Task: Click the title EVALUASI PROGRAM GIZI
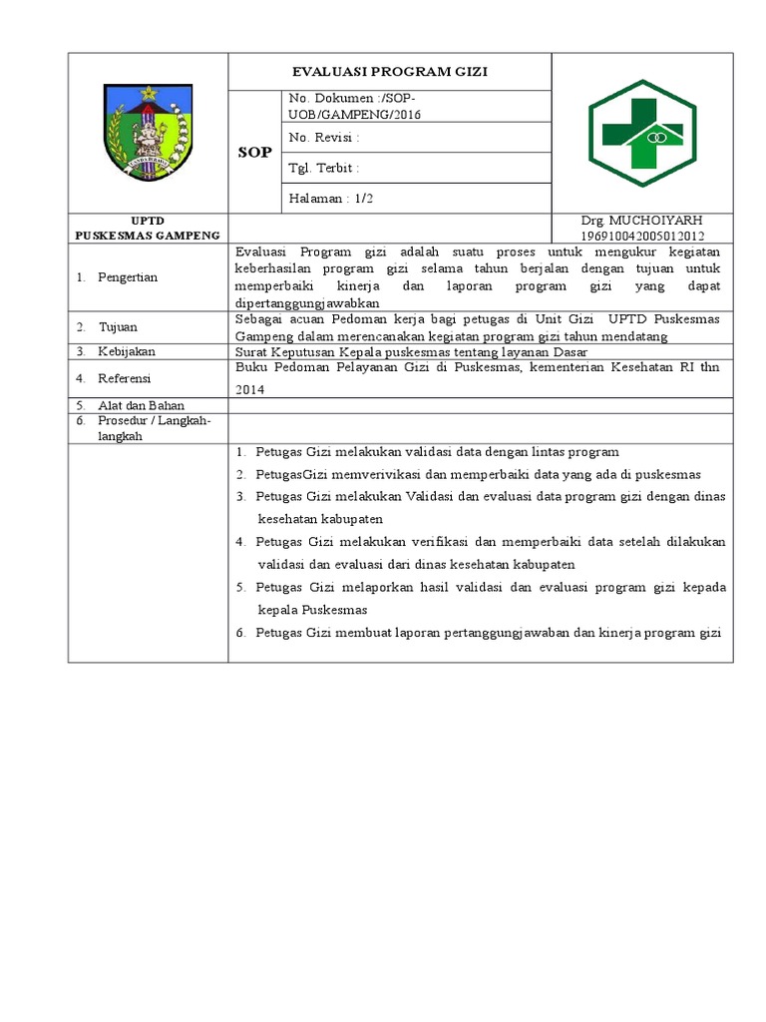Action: [x=390, y=72]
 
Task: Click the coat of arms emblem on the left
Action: [x=148, y=131]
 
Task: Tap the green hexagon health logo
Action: [x=643, y=131]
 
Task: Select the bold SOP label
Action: [x=253, y=152]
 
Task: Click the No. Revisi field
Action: [x=323, y=137]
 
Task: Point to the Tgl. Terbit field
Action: [x=323, y=168]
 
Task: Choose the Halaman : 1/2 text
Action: [x=330, y=198]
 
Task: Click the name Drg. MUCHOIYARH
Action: [x=642, y=221]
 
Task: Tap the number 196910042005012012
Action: [x=642, y=236]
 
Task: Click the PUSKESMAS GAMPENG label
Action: [x=148, y=236]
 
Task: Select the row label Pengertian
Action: [x=127, y=276]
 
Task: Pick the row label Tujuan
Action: [x=117, y=327]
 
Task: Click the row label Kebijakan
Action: [x=125, y=352]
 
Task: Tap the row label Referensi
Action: [x=124, y=378]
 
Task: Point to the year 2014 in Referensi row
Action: [x=249, y=390]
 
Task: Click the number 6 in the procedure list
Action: [x=240, y=633]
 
